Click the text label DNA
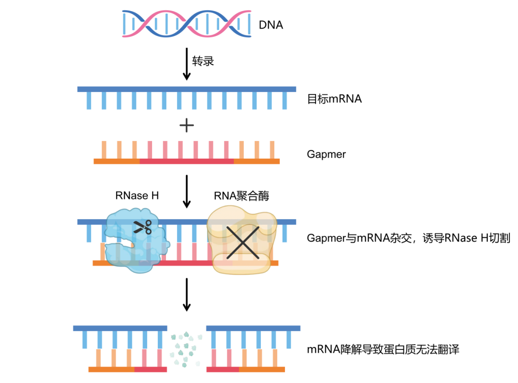point(271,25)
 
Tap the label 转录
point(203,61)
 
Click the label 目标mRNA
point(334,99)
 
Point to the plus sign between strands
point(187,126)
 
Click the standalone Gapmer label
point(326,154)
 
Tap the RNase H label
point(137,195)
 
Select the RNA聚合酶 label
point(241,195)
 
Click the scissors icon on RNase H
point(142,226)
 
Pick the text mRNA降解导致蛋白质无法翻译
point(383,349)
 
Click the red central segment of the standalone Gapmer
point(187,162)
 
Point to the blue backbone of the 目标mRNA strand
point(187,89)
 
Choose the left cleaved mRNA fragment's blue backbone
point(120,328)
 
